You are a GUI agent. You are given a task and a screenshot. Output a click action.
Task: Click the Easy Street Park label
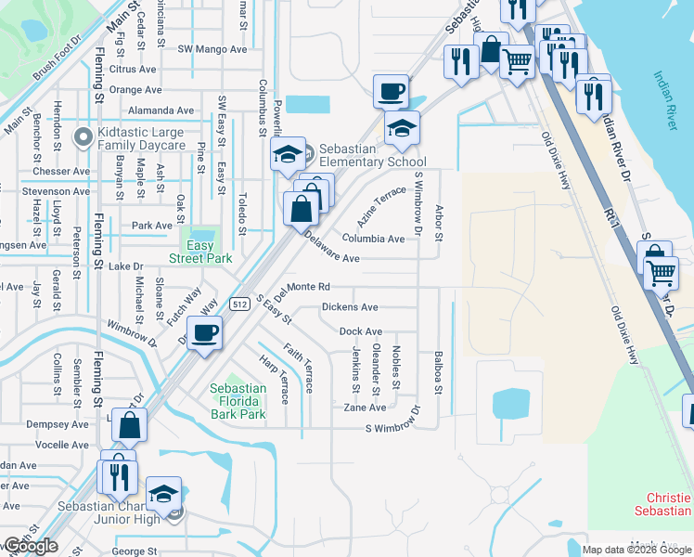(200, 252)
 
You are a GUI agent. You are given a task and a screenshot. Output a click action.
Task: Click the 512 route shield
(239, 304)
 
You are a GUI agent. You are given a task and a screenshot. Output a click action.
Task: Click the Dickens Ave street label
(350, 307)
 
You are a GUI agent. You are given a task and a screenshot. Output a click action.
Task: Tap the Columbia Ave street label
(372, 239)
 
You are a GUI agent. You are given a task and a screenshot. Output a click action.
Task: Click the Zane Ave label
(365, 408)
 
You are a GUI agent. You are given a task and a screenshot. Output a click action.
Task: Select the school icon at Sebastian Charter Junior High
(164, 493)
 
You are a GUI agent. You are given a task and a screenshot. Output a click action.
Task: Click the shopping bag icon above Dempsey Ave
(130, 425)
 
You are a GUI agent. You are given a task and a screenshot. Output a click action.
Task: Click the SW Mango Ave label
(212, 48)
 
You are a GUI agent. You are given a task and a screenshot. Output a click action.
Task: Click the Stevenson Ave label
(56, 191)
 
